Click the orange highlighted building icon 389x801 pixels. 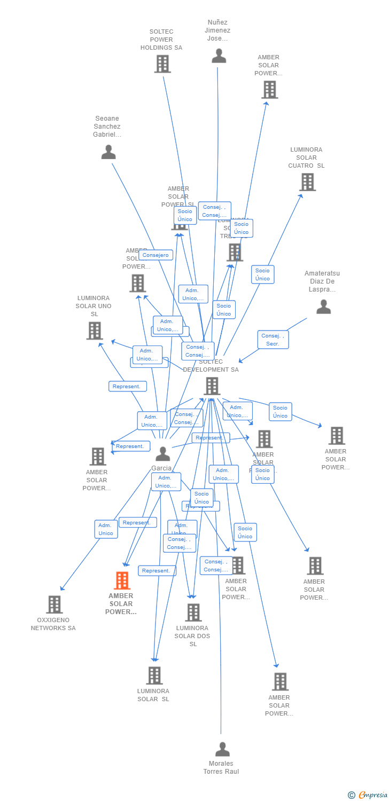coord(122,580)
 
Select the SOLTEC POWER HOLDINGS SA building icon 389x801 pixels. coord(162,64)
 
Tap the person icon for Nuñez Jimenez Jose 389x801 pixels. coord(219,56)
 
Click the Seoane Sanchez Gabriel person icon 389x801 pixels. coord(108,152)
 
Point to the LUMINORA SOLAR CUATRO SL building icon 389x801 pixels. coord(307,182)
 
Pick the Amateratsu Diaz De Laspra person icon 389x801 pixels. coord(323,307)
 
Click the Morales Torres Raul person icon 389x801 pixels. coord(222,749)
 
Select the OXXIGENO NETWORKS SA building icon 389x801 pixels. coord(54,604)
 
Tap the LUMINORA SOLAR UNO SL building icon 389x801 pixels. coord(95,331)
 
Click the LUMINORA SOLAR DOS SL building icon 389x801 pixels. coord(193,612)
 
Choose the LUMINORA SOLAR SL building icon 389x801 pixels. coord(154,676)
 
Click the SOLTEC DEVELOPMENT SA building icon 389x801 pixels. coord(212,386)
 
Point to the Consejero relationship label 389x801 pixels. coord(155,255)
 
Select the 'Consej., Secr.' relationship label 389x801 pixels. coord(273,340)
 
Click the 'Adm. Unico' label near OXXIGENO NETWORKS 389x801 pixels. coord(106,529)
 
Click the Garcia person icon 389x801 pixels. coord(162,454)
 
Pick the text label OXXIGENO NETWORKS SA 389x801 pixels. coord(53,624)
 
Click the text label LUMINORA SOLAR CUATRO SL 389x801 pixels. coord(306,158)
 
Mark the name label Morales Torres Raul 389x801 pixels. coord(221,767)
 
